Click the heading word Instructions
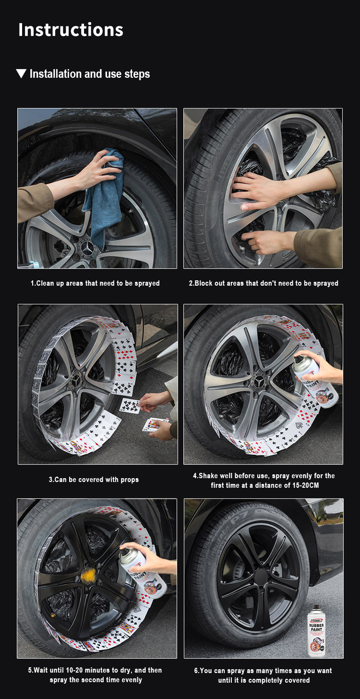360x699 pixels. [x=71, y=30]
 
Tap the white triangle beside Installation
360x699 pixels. [x=21, y=73]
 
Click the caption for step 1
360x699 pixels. [x=95, y=283]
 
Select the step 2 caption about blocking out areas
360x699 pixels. [x=264, y=283]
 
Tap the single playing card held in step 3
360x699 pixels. [x=131, y=406]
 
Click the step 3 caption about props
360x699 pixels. [x=94, y=480]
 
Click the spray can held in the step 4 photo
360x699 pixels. [x=314, y=381]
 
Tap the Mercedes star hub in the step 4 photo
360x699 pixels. [x=259, y=382]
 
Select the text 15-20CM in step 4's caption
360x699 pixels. [x=305, y=485]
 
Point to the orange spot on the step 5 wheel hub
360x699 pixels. [x=89, y=576]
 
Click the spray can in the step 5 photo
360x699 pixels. [x=143, y=574]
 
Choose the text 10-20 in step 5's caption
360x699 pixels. [x=74, y=670]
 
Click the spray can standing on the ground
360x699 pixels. [x=316, y=631]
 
